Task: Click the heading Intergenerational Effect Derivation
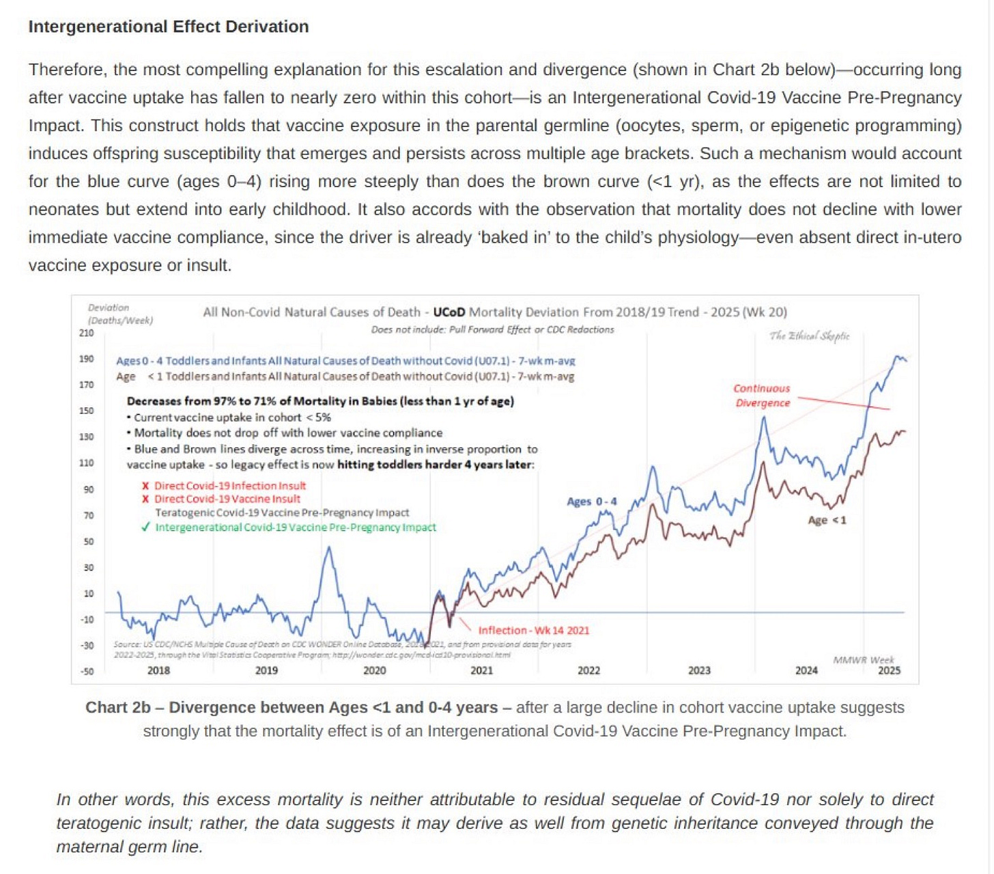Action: tap(168, 27)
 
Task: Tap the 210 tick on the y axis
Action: tap(86, 333)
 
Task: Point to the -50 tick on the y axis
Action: tap(87, 671)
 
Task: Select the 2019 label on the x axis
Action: tap(266, 670)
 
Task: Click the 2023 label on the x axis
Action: tap(699, 670)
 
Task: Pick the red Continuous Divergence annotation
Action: tap(762, 396)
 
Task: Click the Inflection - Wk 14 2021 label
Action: tap(533, 631)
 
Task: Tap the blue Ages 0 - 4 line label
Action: tap(591, 502)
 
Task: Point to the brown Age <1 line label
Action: tap(827, 520)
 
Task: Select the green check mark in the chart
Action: tap(145, 527)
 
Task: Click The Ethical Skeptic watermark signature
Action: tap(809, 336)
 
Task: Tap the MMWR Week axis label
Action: tap(863, 659)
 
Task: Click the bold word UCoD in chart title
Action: tap(449, 312)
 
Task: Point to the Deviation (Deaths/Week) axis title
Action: tap(120, 314)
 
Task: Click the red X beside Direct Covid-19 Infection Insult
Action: tap(145, 486)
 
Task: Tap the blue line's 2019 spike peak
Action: tap(330, 548)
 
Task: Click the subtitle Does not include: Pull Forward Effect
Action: tap(492, 329)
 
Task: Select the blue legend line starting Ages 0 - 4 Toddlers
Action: tap(345, 361)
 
